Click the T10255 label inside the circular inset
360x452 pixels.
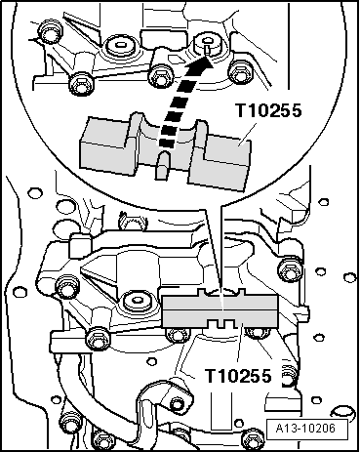click(x=268, y=110)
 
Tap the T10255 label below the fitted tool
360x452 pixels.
click(x=238, y=376)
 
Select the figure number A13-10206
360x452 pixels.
click(x=305, y=428)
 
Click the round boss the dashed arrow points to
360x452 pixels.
click(x=207, y=43)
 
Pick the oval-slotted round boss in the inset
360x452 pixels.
click(x=119, y=46)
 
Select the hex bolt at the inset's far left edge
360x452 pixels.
click(x=50, y=32)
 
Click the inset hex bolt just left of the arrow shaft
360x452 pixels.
click(x=159, y=76)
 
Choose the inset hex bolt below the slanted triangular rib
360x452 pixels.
click(x=81, y=84)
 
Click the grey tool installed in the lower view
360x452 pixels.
click(x=220, y=309)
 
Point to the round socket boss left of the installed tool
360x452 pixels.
click(x=136, y=301)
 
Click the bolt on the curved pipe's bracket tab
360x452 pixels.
click(x=176, y=404)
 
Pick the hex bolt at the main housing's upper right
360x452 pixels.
click(x=289, y=269)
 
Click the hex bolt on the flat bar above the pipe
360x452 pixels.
click(x=97, y=338)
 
